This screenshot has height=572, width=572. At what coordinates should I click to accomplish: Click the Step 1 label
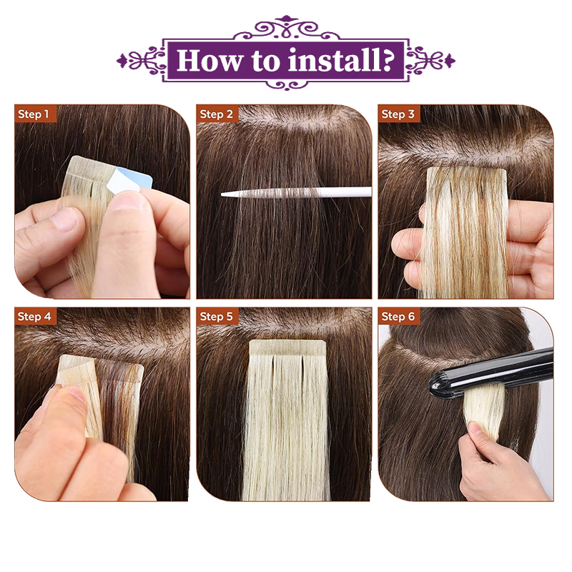[x=33, y=114]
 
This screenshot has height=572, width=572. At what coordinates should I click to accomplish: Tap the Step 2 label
[x=216, y=114]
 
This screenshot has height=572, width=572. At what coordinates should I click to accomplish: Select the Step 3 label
[x=398, y=114]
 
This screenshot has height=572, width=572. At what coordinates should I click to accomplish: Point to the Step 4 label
[x=34, y=316]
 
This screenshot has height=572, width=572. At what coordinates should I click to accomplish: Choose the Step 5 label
[x=216, y=316]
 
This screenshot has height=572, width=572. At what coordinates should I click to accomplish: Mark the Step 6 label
[x=398, y=316]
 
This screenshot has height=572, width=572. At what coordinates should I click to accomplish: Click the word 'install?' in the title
[x=341, y=61]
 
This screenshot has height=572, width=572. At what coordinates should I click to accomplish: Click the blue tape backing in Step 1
[x=142, y=179]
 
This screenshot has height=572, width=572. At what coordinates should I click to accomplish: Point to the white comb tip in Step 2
[x=222, y=194]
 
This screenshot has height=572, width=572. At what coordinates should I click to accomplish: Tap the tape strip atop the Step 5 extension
[x=287, y=348]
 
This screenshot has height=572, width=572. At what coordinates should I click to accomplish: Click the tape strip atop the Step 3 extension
[x=467, y=172]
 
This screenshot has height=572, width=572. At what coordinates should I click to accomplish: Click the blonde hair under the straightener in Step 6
[x=483, y=408]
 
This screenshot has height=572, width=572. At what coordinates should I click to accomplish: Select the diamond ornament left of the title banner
[x=122, y=61]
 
